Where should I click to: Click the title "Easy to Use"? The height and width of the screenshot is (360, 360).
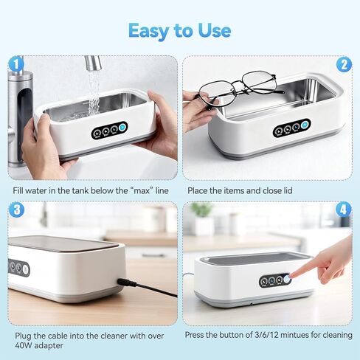pos(179,30)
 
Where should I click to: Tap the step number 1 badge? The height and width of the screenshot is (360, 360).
pos(15,64)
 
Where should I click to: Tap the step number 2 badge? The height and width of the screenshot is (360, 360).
pos(344,64)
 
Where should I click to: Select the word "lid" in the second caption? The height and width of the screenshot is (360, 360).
pos(286,190)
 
